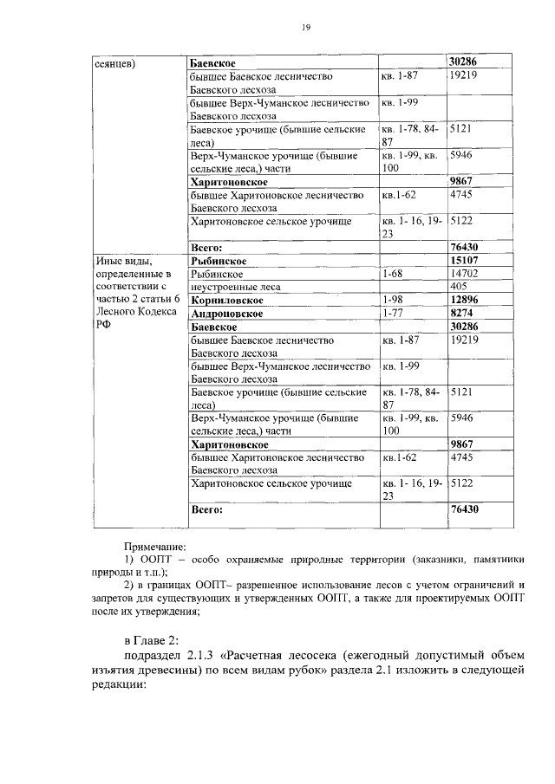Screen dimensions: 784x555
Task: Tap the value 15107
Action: pyautogui.click(x=465, y=260)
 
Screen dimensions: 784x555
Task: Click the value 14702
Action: pyautogui.click(x=464, y=273)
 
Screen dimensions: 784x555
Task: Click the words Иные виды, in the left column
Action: pyautogui.click(x=122, y=260)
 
